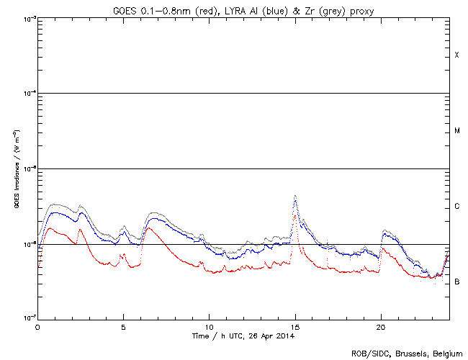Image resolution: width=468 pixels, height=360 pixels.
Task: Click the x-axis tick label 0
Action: point(37,327)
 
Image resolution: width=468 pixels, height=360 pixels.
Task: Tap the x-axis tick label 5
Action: point(123,327)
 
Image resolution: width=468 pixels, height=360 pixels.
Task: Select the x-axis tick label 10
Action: point(209,327)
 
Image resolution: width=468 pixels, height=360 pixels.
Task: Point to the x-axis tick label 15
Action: point(295,327)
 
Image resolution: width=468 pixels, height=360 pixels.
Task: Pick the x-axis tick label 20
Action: point(381,327)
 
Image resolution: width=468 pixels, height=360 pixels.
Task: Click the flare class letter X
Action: point(457,55)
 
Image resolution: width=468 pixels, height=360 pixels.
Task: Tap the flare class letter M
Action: point(457,131)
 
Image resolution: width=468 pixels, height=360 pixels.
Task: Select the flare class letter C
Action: point(457,207)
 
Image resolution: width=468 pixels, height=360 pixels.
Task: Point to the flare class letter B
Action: point(457,282)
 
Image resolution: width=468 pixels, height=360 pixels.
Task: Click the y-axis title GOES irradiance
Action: point(16,169)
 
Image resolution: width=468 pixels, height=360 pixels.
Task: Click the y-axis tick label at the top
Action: point(27,19)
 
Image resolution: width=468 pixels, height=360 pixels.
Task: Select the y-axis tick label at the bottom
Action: point(27,318)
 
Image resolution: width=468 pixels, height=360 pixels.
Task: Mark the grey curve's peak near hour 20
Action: point(387,230)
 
